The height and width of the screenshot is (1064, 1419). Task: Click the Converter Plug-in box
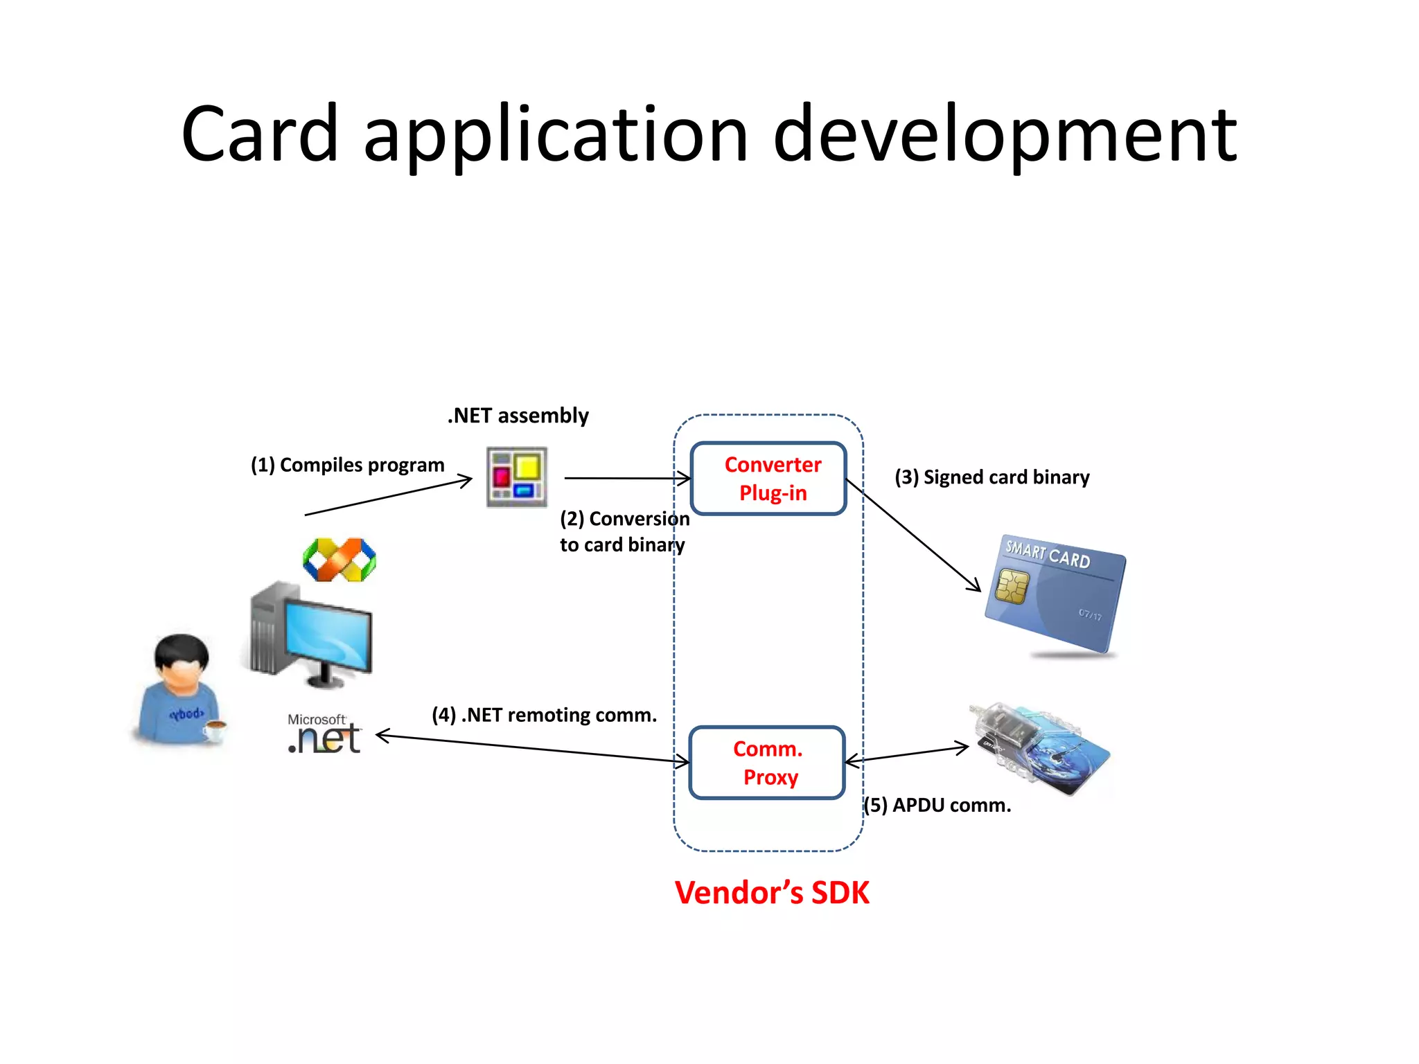768,479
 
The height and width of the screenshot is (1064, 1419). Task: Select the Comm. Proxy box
767,763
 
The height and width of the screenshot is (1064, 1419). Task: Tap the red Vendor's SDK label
771,892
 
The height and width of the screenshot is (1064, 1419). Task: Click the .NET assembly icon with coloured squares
517,477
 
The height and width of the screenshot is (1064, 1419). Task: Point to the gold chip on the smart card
1012,586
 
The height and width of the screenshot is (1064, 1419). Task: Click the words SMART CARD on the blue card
1048,554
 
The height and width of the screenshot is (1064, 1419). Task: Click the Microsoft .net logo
324,734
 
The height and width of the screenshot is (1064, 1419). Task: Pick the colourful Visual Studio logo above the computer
340,560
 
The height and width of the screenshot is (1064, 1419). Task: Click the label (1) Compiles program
347,465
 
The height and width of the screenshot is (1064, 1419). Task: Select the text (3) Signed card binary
991,477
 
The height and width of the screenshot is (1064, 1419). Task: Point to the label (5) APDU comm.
937,805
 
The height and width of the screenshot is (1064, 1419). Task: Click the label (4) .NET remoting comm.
544,715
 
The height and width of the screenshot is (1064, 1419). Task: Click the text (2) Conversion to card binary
624,531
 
